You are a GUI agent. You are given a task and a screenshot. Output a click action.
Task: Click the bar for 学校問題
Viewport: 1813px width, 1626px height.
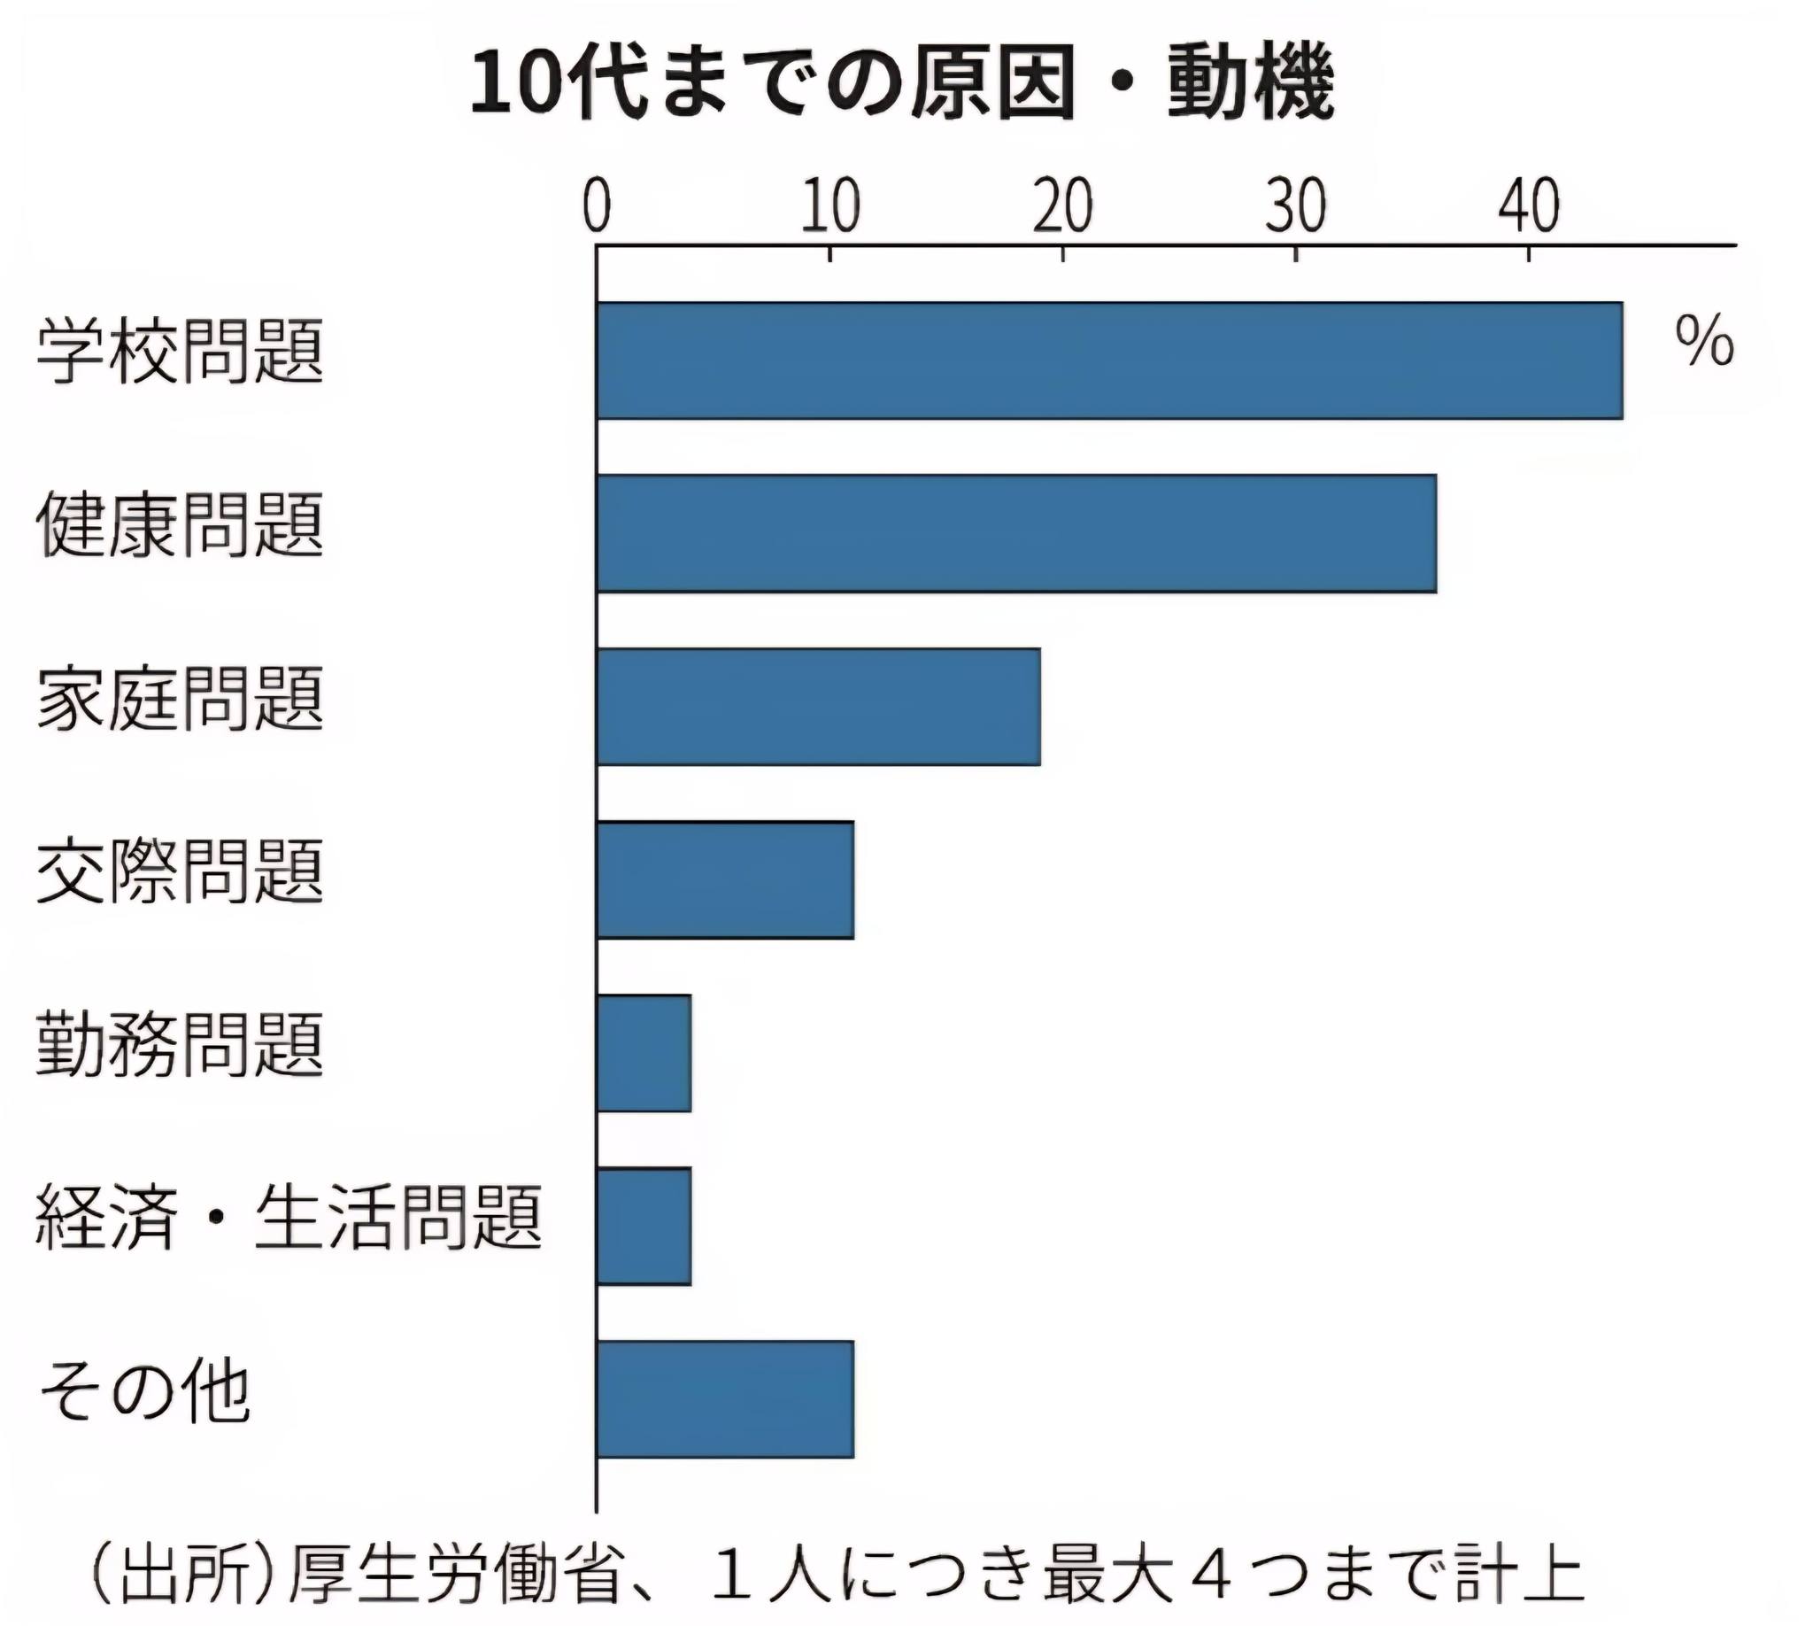point(1109,360)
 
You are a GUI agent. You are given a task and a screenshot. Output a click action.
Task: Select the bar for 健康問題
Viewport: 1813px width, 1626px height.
point(1016,533)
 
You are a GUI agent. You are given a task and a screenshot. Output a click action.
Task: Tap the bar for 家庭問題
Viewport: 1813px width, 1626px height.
point(818,707)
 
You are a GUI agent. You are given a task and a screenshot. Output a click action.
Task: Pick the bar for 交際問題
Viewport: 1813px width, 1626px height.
point(725,879)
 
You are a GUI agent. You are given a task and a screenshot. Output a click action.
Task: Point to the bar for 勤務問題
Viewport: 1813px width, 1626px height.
point(644,1052)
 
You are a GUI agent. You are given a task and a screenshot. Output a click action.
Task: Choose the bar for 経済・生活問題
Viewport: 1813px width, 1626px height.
point(644,1226)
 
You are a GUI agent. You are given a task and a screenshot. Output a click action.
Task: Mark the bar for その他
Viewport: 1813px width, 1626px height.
point(725,1399)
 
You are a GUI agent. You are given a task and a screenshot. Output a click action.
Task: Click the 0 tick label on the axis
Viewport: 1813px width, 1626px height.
point(597,206)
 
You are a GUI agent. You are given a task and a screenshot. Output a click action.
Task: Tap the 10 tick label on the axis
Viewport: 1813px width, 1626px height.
point(829,206)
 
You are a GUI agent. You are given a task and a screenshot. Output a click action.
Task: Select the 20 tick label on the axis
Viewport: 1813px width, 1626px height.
point(1063,206)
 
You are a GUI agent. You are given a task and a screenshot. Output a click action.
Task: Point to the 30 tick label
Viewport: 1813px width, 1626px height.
point(1296,206)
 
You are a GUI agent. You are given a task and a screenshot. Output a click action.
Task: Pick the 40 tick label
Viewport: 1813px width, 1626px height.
point(1529,206)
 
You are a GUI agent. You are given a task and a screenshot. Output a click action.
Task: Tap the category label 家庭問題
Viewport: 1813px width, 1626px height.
point(180,698)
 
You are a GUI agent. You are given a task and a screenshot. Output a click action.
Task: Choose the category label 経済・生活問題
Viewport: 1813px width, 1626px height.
point(289,1216)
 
